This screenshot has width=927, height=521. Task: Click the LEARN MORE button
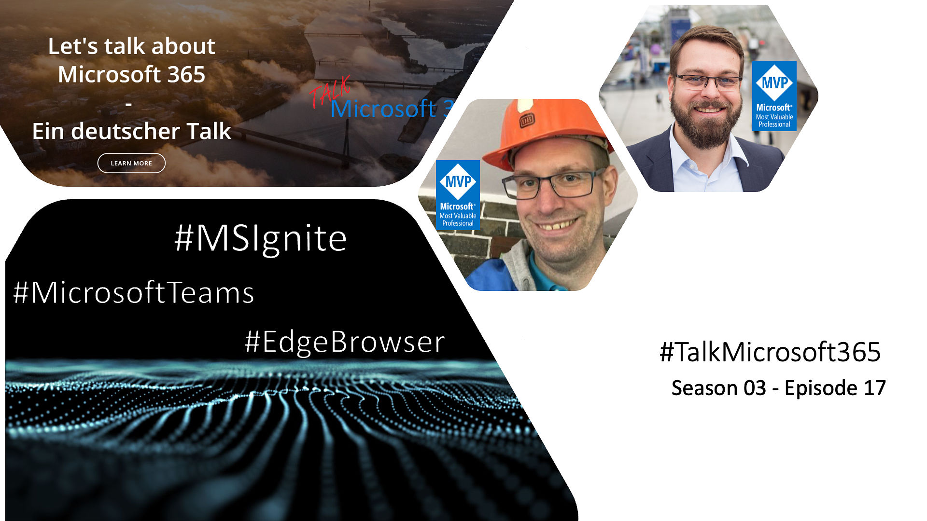click(131, 163)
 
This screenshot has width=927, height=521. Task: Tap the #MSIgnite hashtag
click(261, 238)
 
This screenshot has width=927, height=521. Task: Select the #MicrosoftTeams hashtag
click(134, 292)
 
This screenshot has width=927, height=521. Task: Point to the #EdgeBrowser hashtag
click(345, 342)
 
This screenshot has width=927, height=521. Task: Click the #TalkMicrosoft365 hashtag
click(770, 352)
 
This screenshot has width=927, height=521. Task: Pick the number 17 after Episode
click(875, 388)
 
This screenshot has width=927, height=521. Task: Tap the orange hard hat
click(546, 131)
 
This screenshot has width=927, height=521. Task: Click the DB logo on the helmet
click(527, 120)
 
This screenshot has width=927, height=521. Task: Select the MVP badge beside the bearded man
click(774, 96)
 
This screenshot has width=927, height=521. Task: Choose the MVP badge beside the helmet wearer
click(458, 194)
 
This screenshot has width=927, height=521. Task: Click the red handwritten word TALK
click(330, 91)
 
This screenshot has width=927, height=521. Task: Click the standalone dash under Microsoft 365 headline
click(128, 103)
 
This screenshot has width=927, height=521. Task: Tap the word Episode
click(821, 388)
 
